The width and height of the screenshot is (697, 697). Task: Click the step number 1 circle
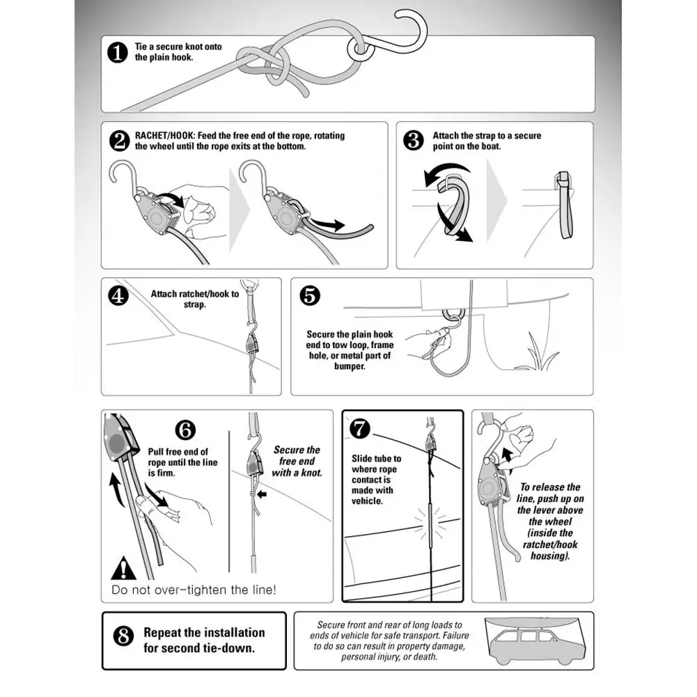pos(118,53)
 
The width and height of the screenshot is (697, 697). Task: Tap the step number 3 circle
pos(414,140)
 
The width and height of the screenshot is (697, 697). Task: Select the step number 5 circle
pos(310,295)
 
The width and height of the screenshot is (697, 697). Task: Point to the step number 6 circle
pos(185,430)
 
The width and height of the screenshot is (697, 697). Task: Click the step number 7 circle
pos(359,428)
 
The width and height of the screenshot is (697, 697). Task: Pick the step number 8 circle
pos(123,636)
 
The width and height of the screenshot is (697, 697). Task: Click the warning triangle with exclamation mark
pos(123,568)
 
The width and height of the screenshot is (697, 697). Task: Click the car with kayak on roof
pos(538,641)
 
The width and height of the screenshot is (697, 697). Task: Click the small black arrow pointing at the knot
pos(262,494)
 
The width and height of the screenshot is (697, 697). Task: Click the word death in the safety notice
pos(425,657)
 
